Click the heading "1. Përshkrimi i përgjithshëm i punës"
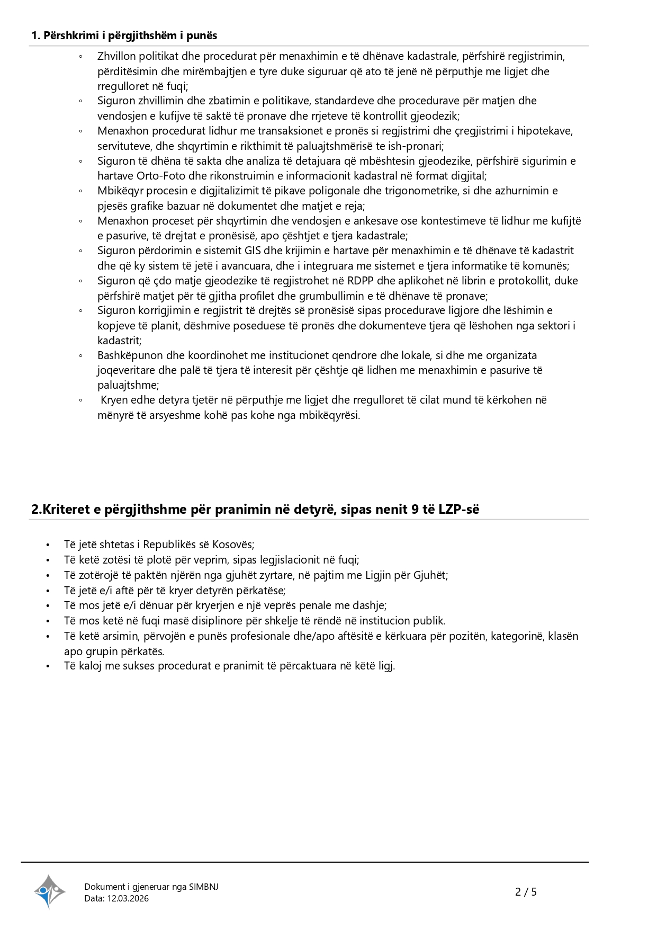point(124,35)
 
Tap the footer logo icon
point(49,891)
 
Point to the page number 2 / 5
point(526,892)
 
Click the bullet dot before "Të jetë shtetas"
point(48,545)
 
